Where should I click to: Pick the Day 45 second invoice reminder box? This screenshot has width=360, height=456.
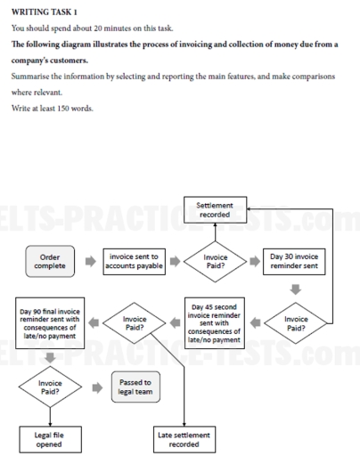(216, 322)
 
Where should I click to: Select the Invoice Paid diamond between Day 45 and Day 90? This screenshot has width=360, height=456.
(135, 322)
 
